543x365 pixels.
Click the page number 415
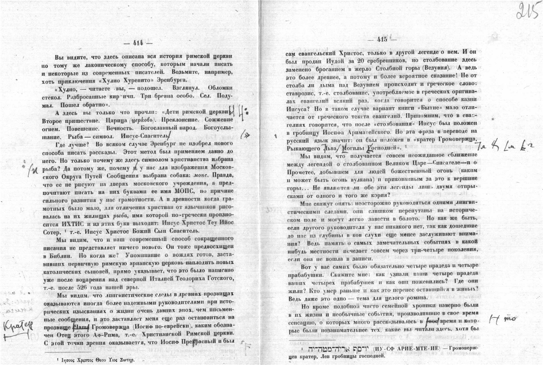click(x=382, y=39)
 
